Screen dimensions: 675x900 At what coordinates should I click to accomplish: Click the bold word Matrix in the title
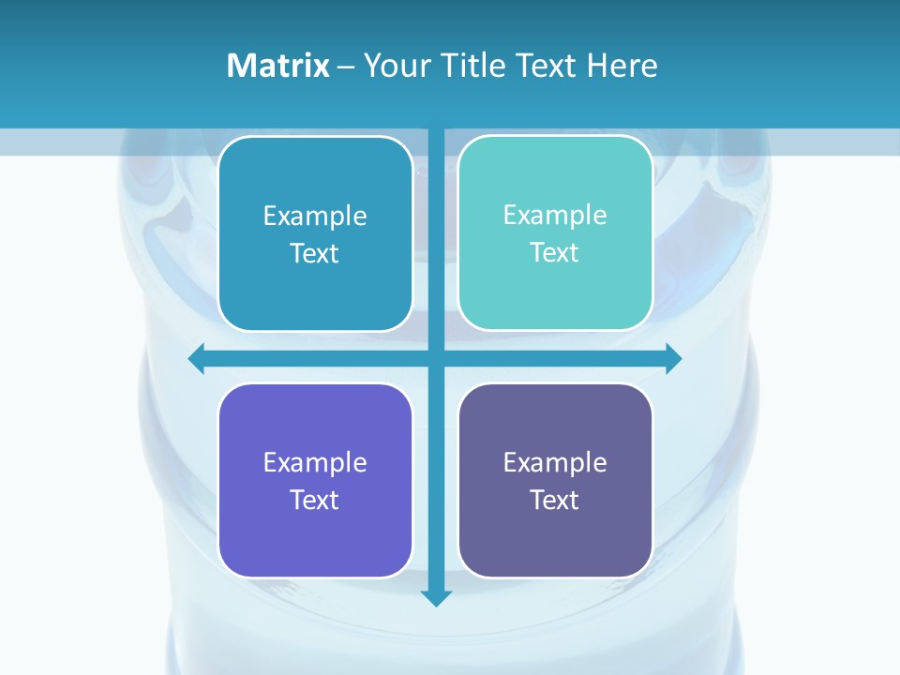tap(277, 66)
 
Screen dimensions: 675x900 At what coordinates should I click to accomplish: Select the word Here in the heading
tap(622, 66)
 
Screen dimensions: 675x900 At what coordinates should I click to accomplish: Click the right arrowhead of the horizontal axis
tap(673, 358)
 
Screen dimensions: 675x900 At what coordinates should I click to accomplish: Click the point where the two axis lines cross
tap(436, 358)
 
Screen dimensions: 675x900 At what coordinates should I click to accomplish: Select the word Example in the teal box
tap(555, 215)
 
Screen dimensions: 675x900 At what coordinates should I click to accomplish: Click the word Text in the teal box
tap(555, 252)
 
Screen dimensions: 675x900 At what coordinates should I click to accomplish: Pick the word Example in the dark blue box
tap(315, 216)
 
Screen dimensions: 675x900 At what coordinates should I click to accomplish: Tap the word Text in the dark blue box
tap(315, 253)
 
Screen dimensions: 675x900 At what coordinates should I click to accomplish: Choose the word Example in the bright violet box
tap(315, 462)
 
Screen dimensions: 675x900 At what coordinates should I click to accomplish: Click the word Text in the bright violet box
tap(315, 500)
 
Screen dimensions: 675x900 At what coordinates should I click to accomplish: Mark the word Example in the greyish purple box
tap(555, 462)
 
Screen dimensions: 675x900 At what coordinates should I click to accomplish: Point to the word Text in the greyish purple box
tap(555, 500)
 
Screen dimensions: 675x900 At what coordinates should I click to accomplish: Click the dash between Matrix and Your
tap(346, 67)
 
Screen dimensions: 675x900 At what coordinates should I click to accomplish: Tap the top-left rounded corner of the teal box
tap(467, 144)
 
